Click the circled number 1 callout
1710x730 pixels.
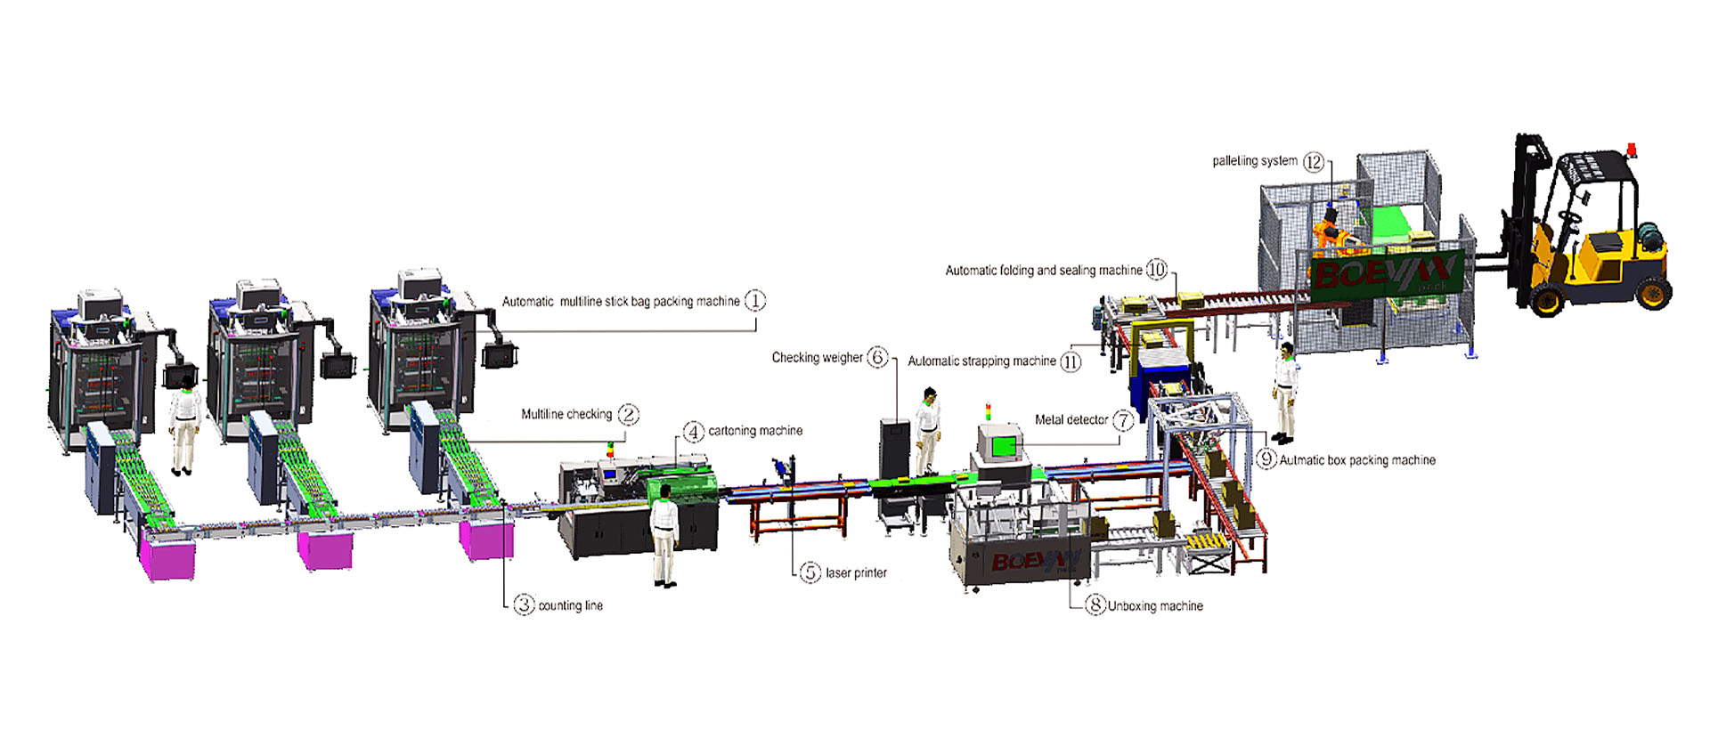(x=754, y=301)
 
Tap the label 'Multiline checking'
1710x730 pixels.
(x=566, y=414)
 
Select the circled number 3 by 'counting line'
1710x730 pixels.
(x=524, y=605)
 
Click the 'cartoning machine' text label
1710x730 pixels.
(x=755, y=431)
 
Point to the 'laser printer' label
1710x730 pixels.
(x=856, y=573)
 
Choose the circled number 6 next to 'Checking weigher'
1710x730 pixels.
(x=878, y=358)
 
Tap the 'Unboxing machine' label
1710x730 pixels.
(x=1155, y=606)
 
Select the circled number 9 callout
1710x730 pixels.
(x=1266, y=459)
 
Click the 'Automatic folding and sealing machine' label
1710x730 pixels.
(x=1043, y=271)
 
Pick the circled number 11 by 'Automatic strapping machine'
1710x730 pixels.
(x=1071, y=361)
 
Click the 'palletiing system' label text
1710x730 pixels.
(x=1254, y=161)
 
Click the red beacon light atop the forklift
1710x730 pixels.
(x=1632, y=150)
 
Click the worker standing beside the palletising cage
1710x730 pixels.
(x=1284, y=392)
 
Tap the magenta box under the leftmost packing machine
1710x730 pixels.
(x=167, y=557)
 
